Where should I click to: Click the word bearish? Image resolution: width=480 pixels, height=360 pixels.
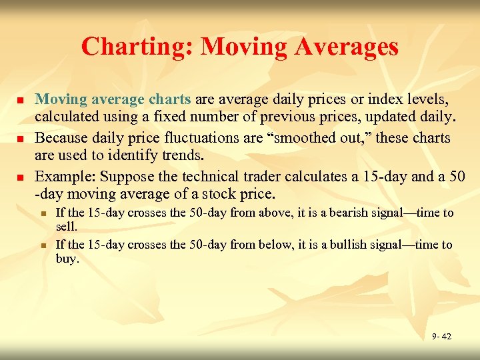312,213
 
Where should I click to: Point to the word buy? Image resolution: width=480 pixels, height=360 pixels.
67,259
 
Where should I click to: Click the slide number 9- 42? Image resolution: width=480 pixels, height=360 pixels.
441,337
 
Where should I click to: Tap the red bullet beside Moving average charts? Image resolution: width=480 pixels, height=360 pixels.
20,100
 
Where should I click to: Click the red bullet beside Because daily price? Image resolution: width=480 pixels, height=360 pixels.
20,139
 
